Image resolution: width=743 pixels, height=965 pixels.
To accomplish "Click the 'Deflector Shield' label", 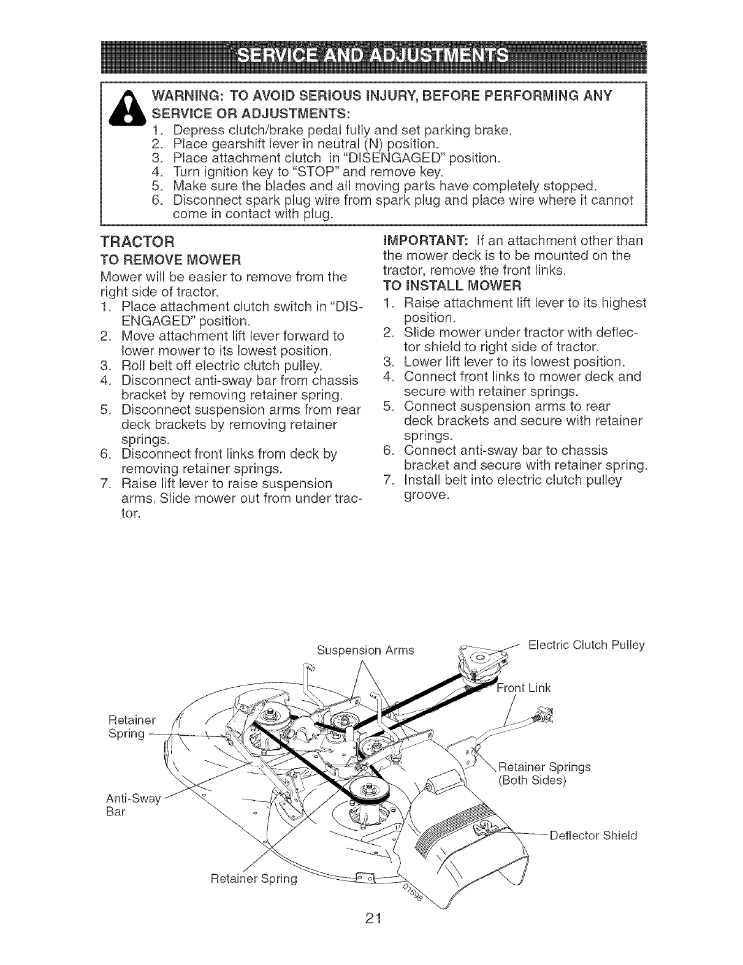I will pyautogui.click(x=593, y=835).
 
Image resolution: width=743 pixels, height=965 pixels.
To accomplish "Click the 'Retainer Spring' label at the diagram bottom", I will pyautogui.click(x=253, y=879).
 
